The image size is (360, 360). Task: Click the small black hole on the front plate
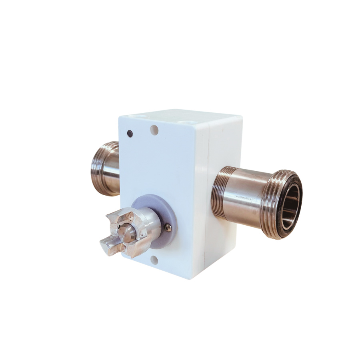pos(129,133)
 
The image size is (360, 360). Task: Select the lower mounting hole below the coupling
pos(154,260)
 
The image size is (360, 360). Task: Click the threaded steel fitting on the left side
pos(105,168)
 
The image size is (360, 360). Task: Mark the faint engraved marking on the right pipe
pos(244,197)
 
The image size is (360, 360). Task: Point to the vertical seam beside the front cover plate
pos(203,200)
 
